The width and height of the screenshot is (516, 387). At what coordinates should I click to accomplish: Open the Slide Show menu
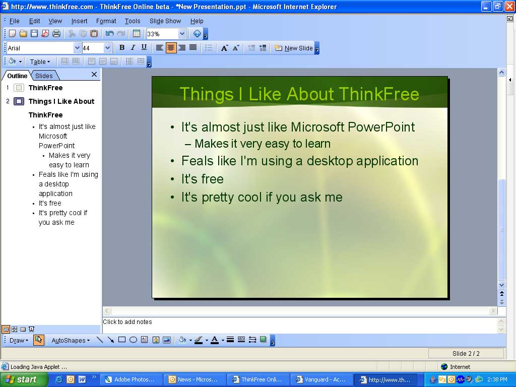[x=165, y=21]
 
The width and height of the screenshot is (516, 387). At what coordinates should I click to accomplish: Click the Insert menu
[x=79, y=21]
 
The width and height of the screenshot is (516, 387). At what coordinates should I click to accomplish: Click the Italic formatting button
[x=133, y=48]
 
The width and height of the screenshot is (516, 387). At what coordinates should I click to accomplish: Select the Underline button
[x=144, y=48]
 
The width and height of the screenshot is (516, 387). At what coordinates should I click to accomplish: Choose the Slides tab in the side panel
[x=44, y=76]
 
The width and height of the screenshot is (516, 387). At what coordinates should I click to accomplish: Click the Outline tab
[x=17, y=76]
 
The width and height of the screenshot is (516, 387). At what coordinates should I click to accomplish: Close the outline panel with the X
[x=94, y=75]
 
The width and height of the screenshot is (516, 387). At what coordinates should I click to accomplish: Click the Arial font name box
[x=40, y=48]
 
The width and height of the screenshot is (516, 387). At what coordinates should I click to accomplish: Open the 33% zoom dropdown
[x=182, y=34]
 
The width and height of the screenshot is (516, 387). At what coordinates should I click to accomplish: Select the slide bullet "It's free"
[x=202, y=179]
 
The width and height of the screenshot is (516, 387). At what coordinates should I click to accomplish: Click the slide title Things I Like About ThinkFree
[x=299, y=94]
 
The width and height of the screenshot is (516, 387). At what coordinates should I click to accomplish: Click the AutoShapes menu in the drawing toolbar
[x=71, y=341]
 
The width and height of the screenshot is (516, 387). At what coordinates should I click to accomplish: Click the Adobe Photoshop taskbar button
[x=132, y=380]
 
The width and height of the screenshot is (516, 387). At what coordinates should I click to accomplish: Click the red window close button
[x=509, y=7]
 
